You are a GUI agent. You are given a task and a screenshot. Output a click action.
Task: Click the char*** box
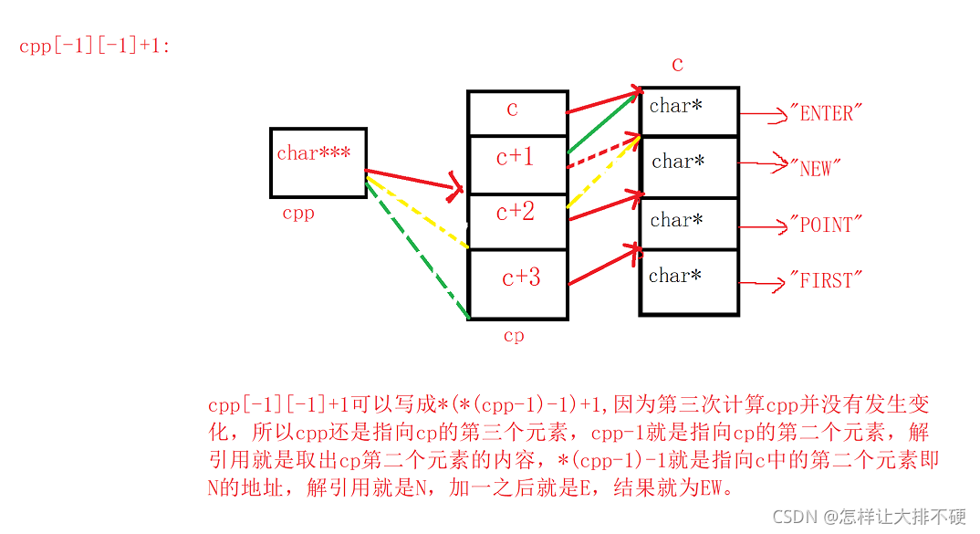click(318, 162)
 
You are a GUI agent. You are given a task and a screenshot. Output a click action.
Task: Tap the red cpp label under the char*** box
click(297, 214)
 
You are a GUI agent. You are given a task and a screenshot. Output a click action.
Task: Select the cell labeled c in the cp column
click(516, 112)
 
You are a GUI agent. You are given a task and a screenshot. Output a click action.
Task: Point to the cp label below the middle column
click(514, 336)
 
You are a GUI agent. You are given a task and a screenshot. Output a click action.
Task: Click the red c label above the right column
click(677, 65)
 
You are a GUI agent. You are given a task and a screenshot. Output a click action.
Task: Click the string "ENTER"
click(826, 113)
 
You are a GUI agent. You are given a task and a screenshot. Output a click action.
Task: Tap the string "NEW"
click(815, 168)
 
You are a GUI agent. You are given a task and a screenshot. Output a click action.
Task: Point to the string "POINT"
click(826, 225)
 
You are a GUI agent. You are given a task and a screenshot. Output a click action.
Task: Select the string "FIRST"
click(826, 281)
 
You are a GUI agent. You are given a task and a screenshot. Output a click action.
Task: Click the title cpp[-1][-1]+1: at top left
click(94, 46)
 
